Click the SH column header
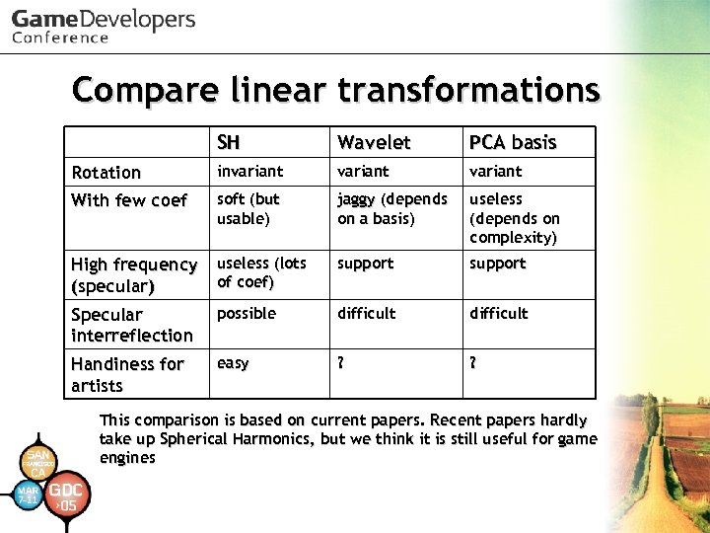229,142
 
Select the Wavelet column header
374,142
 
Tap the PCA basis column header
513,142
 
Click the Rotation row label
106,172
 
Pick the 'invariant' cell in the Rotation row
249,171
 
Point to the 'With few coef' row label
128,200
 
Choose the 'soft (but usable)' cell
248,208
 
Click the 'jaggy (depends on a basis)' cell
391,208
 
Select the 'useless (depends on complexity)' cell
514,218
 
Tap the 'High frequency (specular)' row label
133,274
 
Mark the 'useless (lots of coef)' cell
261,272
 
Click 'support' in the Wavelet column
365,264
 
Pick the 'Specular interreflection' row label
132,325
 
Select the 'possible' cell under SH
247,313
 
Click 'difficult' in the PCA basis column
499,313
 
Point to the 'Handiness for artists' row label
127,374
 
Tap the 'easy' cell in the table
233,363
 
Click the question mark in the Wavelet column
341,362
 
